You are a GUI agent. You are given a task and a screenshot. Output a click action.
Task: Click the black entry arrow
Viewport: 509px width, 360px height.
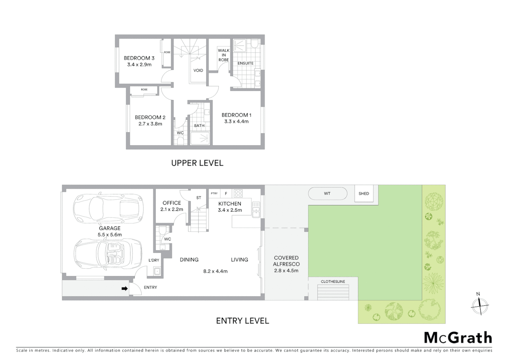[x=125, y=289]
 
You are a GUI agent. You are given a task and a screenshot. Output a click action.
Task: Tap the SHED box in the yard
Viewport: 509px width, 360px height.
[x=364, y=194]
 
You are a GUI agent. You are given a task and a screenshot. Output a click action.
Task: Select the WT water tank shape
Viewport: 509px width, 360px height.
[x=327, y=193]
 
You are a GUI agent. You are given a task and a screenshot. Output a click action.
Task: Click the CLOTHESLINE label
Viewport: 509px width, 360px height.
[x=333, y=282]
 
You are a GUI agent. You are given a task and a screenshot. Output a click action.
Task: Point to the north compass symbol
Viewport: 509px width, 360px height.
[x=479, y=305]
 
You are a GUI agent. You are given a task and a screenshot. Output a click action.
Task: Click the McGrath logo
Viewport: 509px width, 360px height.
[x=458, y=338]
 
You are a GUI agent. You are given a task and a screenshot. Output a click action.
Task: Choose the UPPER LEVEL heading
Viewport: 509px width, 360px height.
[x=197, y=163]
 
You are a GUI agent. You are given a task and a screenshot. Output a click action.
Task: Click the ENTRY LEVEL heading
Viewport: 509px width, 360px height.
[x=243, y=321]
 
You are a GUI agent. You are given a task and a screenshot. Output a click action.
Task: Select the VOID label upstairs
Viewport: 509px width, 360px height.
[x=198, y=71]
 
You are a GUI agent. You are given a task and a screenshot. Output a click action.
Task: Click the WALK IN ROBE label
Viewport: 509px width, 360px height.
[x=224, y=55]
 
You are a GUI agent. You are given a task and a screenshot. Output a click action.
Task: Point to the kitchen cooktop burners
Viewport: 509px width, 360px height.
[x=238, y=193]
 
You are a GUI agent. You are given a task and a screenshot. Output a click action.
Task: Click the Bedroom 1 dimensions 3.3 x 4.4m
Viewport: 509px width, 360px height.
[x=236, y=122]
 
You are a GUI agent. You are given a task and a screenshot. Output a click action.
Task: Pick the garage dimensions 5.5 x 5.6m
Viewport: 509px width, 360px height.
[x=110, y=235]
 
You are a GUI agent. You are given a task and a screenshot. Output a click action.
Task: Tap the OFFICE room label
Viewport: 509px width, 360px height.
[x=172, y=203]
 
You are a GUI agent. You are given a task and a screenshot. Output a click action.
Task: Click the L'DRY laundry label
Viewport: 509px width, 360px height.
[x=154, y=260]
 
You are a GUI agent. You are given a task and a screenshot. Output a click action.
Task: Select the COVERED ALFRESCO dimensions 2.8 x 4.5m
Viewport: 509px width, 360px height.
[x=286, y=271]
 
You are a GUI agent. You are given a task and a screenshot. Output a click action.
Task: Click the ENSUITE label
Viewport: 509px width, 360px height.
[x=246, y=63]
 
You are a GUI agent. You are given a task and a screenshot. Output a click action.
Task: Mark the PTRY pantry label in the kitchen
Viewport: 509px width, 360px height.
[x=214, y=193]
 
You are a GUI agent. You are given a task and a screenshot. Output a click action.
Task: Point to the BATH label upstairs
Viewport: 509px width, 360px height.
[x=199, y=126]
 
